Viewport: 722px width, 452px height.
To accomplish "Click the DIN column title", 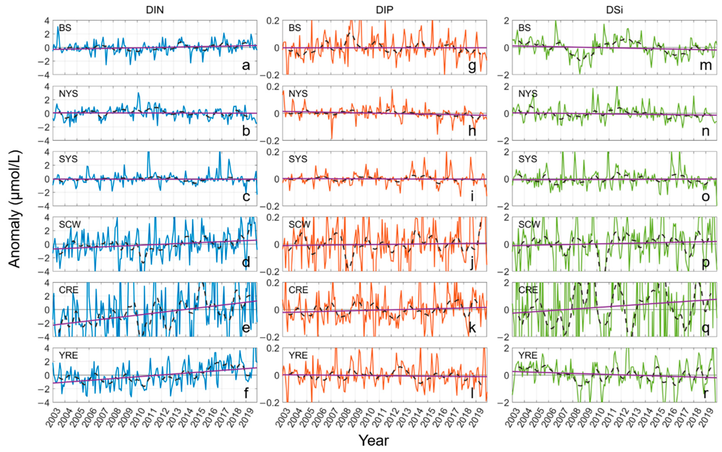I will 155,10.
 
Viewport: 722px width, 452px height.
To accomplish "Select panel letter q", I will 705,328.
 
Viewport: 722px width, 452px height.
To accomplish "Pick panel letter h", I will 472,131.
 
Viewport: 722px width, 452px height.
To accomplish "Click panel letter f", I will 246,393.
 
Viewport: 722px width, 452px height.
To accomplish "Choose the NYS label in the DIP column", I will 298,94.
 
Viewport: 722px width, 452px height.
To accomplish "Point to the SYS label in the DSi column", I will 528,159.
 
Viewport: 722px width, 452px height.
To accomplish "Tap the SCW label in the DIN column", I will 70,225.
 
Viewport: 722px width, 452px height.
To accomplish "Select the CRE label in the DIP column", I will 298,290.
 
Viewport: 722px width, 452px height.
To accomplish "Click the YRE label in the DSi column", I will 528,355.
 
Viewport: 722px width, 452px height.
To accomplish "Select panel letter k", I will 472,328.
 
